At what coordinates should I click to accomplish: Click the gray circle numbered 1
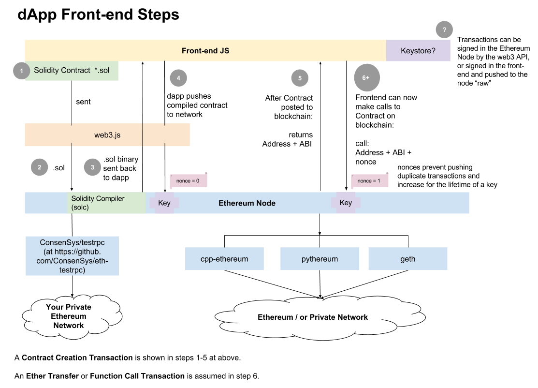pyautogui.click(x=21, y=71)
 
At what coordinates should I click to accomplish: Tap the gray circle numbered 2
pyautogui.click(x=40, y=167)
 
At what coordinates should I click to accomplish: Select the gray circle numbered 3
pyautogui.click(x=92, y=167)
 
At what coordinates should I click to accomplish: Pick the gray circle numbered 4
pyautogui.click(x=178, y=78)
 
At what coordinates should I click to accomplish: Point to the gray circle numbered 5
pyautogui.click(x=300, y=78)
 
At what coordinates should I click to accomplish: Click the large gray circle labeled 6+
pyautogui.click(x=366, y=78)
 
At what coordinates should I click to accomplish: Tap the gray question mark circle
pyautogui.click(x=444, y=30)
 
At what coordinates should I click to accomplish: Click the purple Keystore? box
pyautogui.click(x=418, y=51)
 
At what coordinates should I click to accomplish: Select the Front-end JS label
pyautogui.click(x=205, y=51)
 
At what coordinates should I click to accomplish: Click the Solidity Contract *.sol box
pyautogui.click(x=72, y=71)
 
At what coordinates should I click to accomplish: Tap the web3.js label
pyautogui.click(x=107, y=135)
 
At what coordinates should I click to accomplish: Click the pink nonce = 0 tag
pyautogui.click(x=188, y=181)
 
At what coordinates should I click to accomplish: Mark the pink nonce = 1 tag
pyautogui.click(x=369, y=181)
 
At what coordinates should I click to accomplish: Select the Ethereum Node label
pyautogui.click(x=247, y=203)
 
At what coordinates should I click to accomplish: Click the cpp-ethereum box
pyautogui.click(x=224, y=259)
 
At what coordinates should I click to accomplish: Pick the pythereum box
pyautogui.click(x=320, y=259)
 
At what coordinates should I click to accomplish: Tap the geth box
pyautogui.click(x=407, y=259)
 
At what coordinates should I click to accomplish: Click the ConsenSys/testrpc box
pyautogui.click(x=72, y=256)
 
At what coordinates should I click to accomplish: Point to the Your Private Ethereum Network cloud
pyautogui.click(x=69, y=316)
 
